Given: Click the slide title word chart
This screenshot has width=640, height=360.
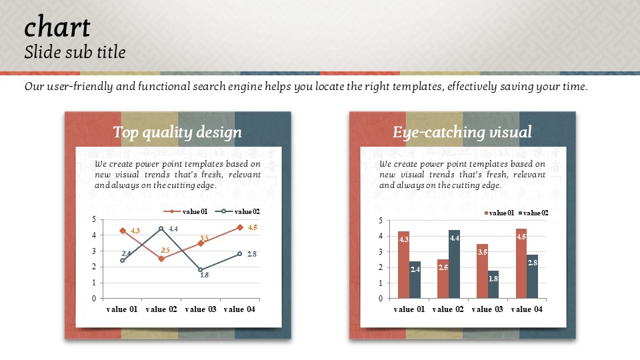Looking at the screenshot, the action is (x=57, y=27).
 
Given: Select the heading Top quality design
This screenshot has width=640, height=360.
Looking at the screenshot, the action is (x=177, y=132).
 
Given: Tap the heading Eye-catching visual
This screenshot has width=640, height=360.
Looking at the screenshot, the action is (x=462, y=132).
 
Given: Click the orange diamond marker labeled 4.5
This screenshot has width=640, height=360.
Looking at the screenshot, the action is (x=240, y=227).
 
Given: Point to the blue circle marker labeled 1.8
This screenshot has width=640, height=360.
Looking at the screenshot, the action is (x=201, y=270).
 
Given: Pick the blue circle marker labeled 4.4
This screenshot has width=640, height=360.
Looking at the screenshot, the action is (x=161, y=229).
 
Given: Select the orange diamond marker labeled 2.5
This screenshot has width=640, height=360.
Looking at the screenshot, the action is (x=161, y=259).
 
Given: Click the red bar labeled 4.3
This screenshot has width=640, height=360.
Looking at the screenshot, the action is (x=404, y=265).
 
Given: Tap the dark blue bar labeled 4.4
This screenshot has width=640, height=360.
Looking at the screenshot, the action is (x=454, y=264).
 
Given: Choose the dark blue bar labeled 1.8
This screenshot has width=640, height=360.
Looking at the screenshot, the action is (x=493, y=284).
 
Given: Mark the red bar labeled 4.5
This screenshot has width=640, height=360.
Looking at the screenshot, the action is (x=521, y=263).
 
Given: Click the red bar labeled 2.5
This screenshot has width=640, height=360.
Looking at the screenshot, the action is (x=443, y=279).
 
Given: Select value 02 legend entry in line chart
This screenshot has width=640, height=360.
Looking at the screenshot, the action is (x=237, y=211).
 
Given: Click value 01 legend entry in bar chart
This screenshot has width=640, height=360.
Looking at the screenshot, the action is (x=499, y=213).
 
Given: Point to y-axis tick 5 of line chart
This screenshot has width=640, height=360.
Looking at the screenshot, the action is (x=94, y=219).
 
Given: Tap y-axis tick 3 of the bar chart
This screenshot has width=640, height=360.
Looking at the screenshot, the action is (x=381, y=252).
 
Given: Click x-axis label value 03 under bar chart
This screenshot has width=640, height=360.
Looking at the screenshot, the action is (x=487, y=309).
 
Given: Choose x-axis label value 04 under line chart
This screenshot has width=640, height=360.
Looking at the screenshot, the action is (x=239, y=309).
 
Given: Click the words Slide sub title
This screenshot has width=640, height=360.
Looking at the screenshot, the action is (x=75, y=52).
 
